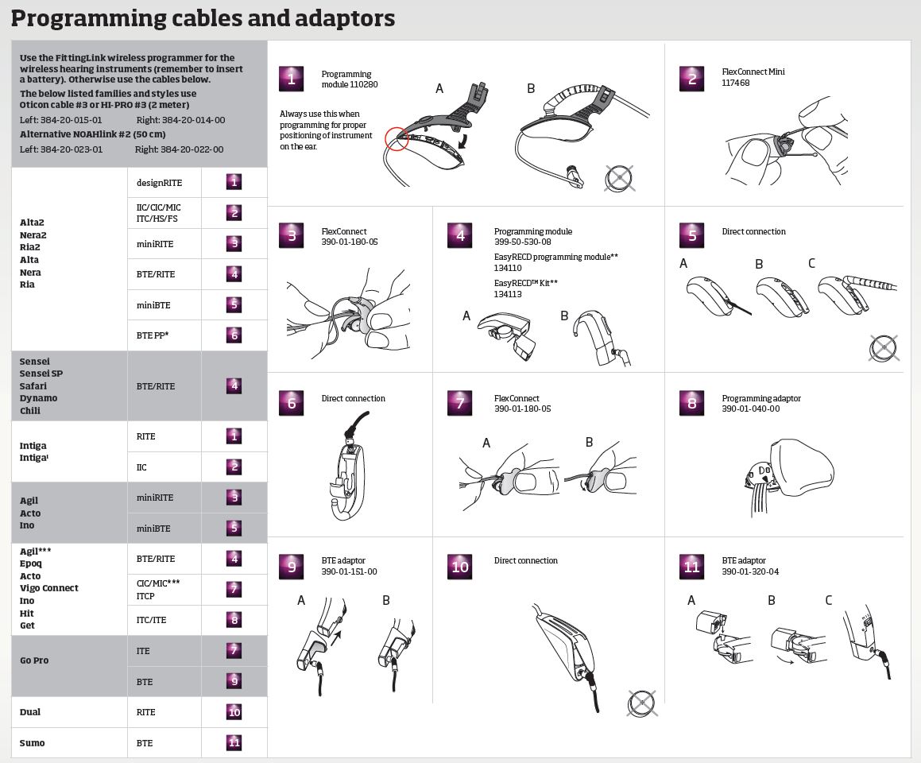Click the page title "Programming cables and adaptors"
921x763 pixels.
(x=203, y=17)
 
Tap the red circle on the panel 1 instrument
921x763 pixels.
(x=397, y=139)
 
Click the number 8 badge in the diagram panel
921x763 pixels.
(x=691, y=403)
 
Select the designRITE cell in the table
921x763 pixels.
(x=159, y=183)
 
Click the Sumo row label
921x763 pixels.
(x=33, y=743)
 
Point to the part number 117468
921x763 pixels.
(x=735, y=83)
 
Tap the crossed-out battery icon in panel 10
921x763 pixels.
(x=640, y=703)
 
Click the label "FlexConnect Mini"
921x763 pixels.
(x=753, y=72)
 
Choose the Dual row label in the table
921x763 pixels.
(x=30, y=712)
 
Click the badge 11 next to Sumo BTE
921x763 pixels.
(x=234, y=743)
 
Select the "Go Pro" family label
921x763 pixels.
(x=34, y=660)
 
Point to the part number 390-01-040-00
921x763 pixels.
(x=750, y=409)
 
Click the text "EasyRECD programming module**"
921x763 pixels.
(x=555, y=257)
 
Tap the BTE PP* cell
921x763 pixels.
(x=153, y=335)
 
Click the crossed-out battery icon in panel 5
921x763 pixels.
(x=884, y=347)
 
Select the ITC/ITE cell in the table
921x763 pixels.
(x=151, y=620)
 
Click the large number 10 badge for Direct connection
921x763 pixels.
(x=460, y=567)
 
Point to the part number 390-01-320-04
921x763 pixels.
(x=750, y=571)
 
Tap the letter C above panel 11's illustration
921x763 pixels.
(x=828, y=600)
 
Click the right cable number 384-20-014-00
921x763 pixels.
(x=193, y=120)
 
